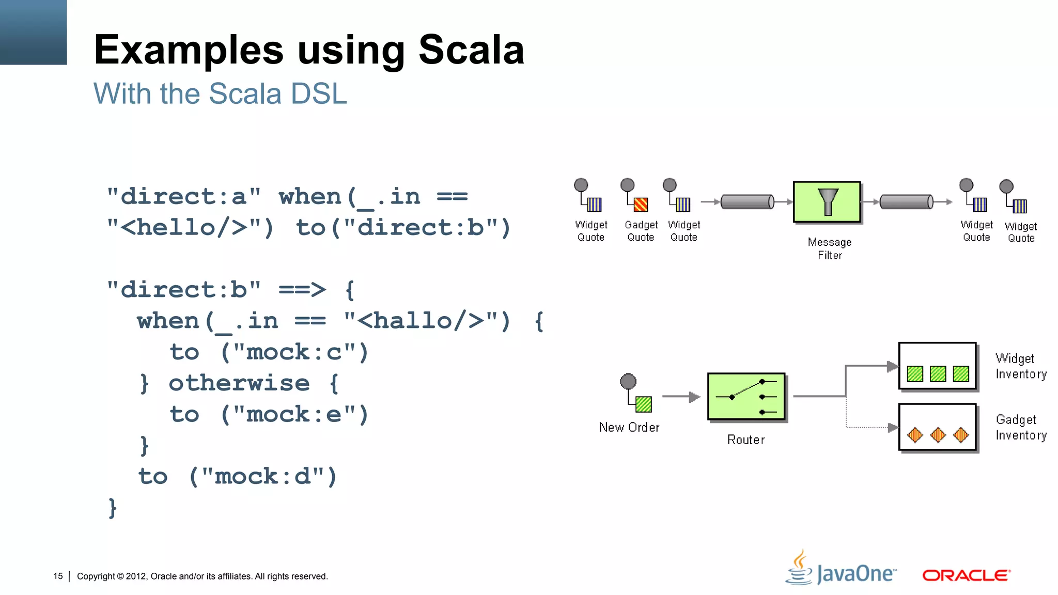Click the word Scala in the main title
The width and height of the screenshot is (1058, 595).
[x=471, y=50]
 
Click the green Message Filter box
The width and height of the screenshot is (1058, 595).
[x=827, y=202]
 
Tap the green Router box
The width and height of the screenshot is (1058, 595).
[x=746, y=397]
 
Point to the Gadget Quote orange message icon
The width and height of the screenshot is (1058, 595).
[x=641, y=205]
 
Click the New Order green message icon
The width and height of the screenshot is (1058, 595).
[x=643, y=404]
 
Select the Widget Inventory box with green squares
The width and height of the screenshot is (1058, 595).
[x=937, y=366]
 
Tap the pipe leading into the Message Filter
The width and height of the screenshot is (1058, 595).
[x=747, y=201]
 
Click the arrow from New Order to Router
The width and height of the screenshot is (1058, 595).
[x=681, y=397]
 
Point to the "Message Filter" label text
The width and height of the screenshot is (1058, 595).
[x=830, y=248]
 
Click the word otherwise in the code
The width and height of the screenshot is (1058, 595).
[x=239, y=383]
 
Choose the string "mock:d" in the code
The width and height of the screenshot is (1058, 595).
[x=263, y=476]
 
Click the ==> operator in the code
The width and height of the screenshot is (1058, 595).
[x=302, y=290]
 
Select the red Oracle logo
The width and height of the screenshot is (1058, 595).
[x=966, y=575]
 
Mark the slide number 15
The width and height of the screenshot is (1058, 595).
[x=58, y=576]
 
